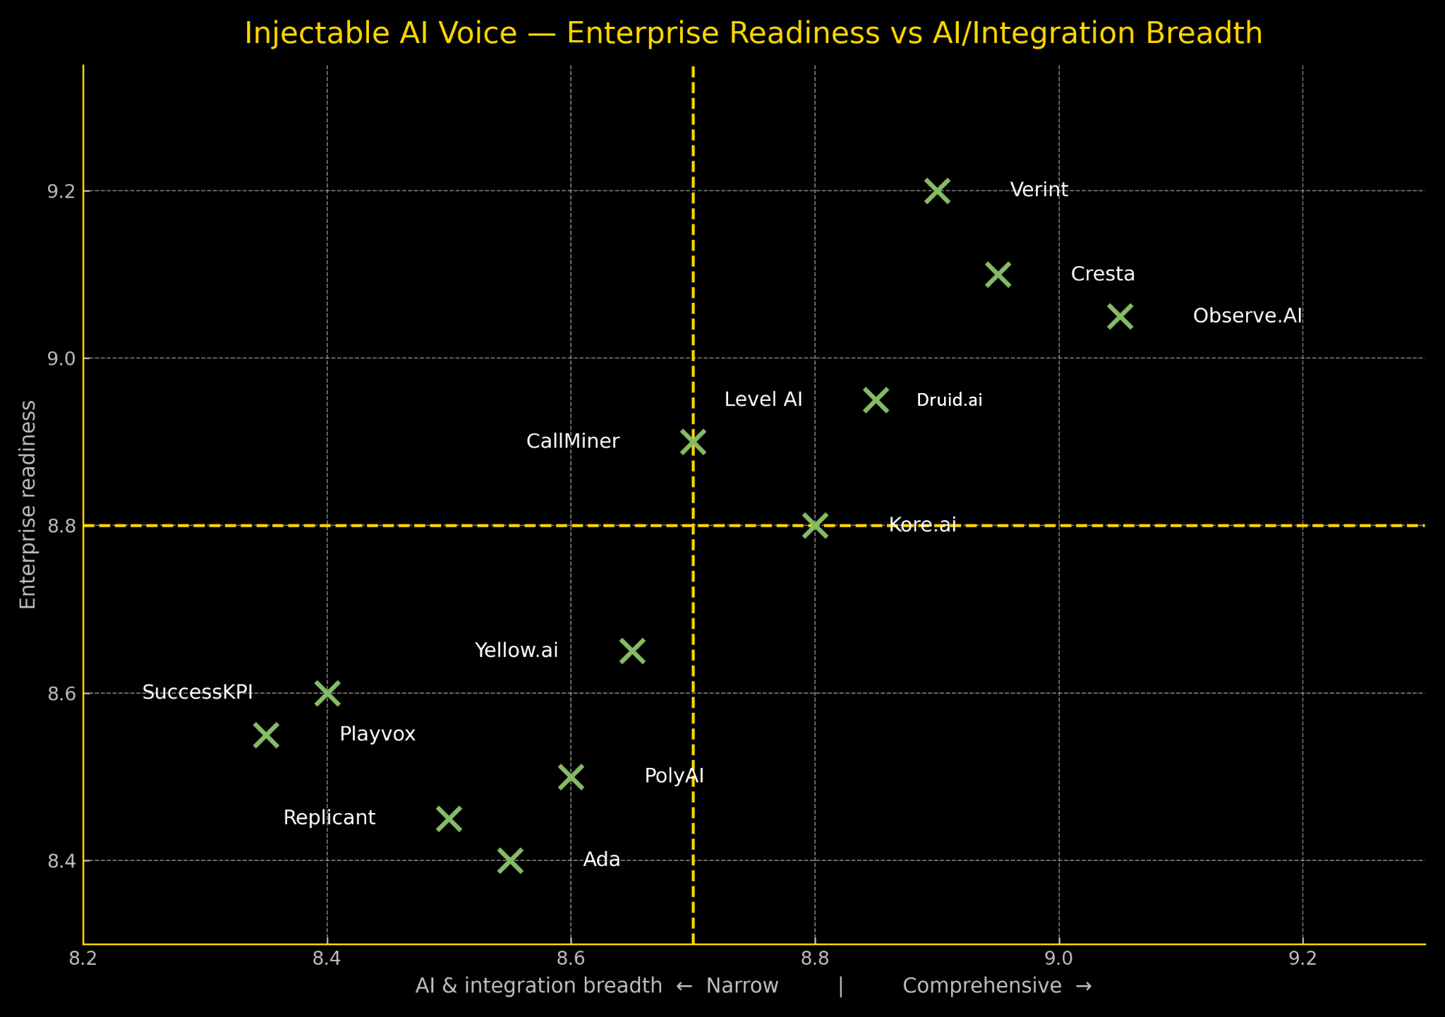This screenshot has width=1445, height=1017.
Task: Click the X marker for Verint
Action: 937,191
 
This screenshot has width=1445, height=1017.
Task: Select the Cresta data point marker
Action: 998,275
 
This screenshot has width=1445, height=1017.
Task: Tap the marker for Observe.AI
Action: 1120,316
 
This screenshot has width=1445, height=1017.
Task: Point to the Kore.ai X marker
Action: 815,526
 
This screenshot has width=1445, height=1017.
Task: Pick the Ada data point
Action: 510,861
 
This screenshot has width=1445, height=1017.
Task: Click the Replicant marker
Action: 449,819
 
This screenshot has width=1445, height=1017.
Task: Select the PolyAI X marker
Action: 571,777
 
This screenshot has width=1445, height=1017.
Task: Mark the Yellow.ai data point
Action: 632,651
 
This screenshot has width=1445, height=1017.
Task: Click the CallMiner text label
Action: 572,442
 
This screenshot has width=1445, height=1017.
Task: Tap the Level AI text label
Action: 763,399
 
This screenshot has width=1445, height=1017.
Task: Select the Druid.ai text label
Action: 949,400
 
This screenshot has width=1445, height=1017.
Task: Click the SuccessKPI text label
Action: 198,692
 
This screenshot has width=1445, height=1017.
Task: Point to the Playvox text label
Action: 377,734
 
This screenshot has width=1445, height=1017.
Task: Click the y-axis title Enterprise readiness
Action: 28,505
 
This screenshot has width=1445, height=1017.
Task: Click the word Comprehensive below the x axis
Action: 982,986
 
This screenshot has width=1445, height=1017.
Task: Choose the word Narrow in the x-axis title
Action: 742,986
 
